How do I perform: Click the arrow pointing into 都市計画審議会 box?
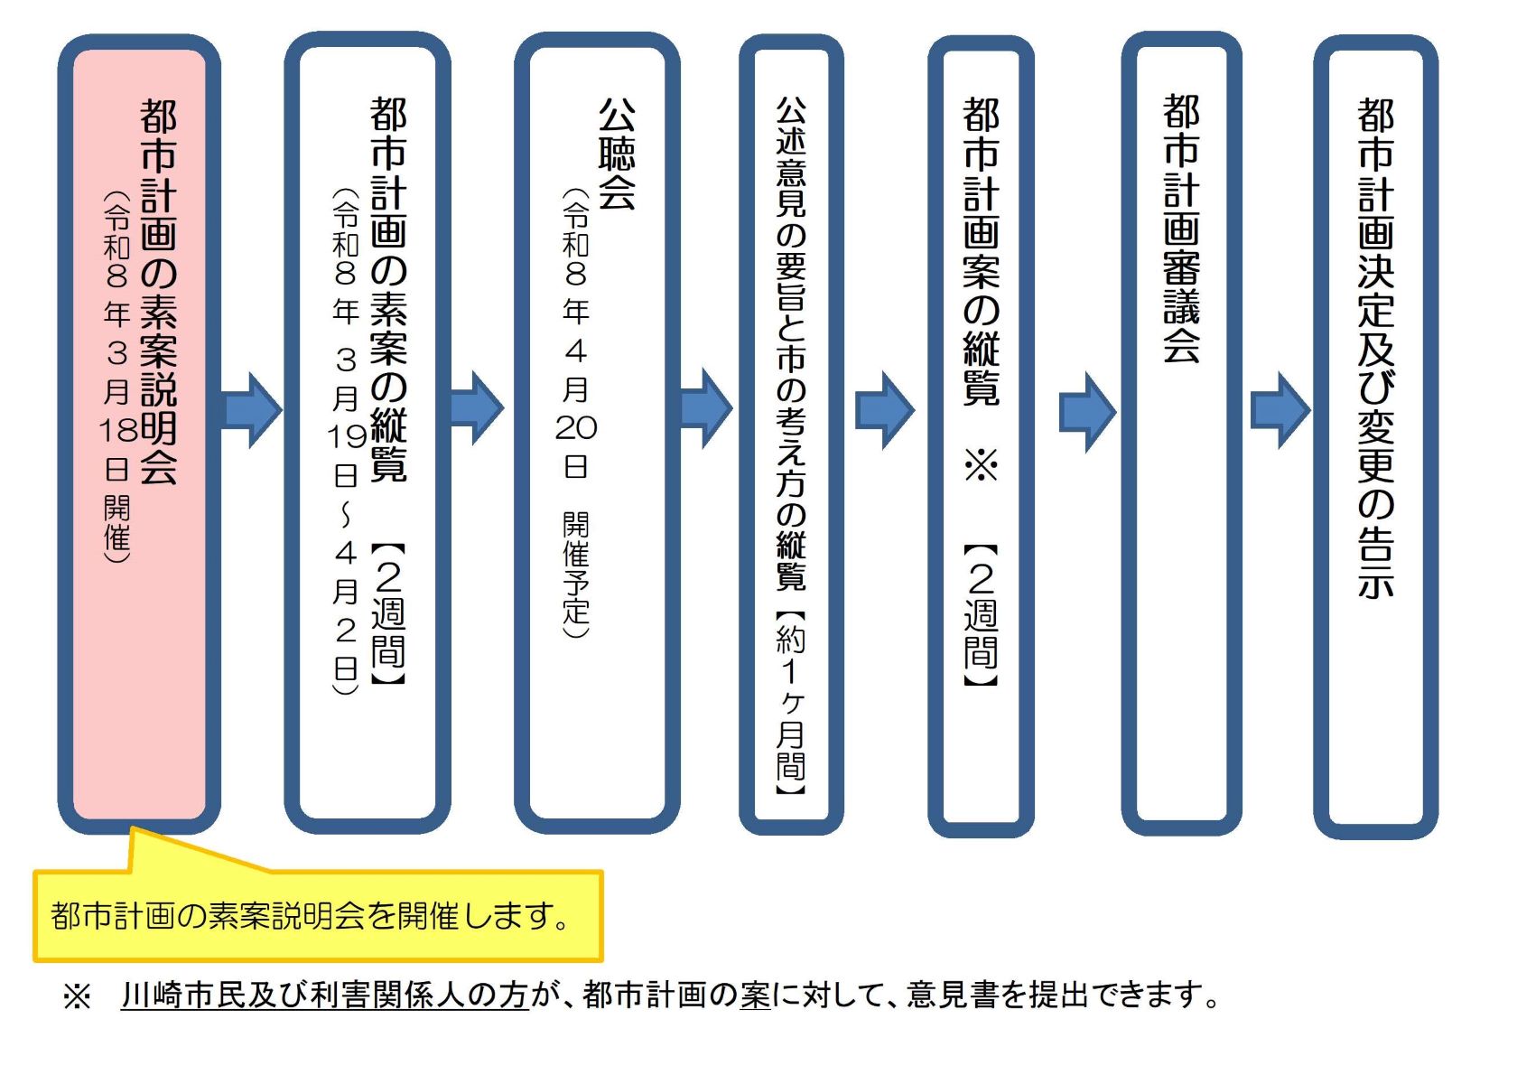tap(1087, 411)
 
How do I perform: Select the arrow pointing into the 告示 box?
tap(1280, 410)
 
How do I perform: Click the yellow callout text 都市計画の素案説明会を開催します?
tap(312, 916)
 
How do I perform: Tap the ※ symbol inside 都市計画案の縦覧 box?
tap(981, 465)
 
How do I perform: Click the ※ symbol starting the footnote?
tap(77, 997)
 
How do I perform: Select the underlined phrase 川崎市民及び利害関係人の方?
tap(324, 996)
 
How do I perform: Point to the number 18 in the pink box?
tap(117, 431)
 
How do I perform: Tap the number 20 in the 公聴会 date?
tap(576, 427)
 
